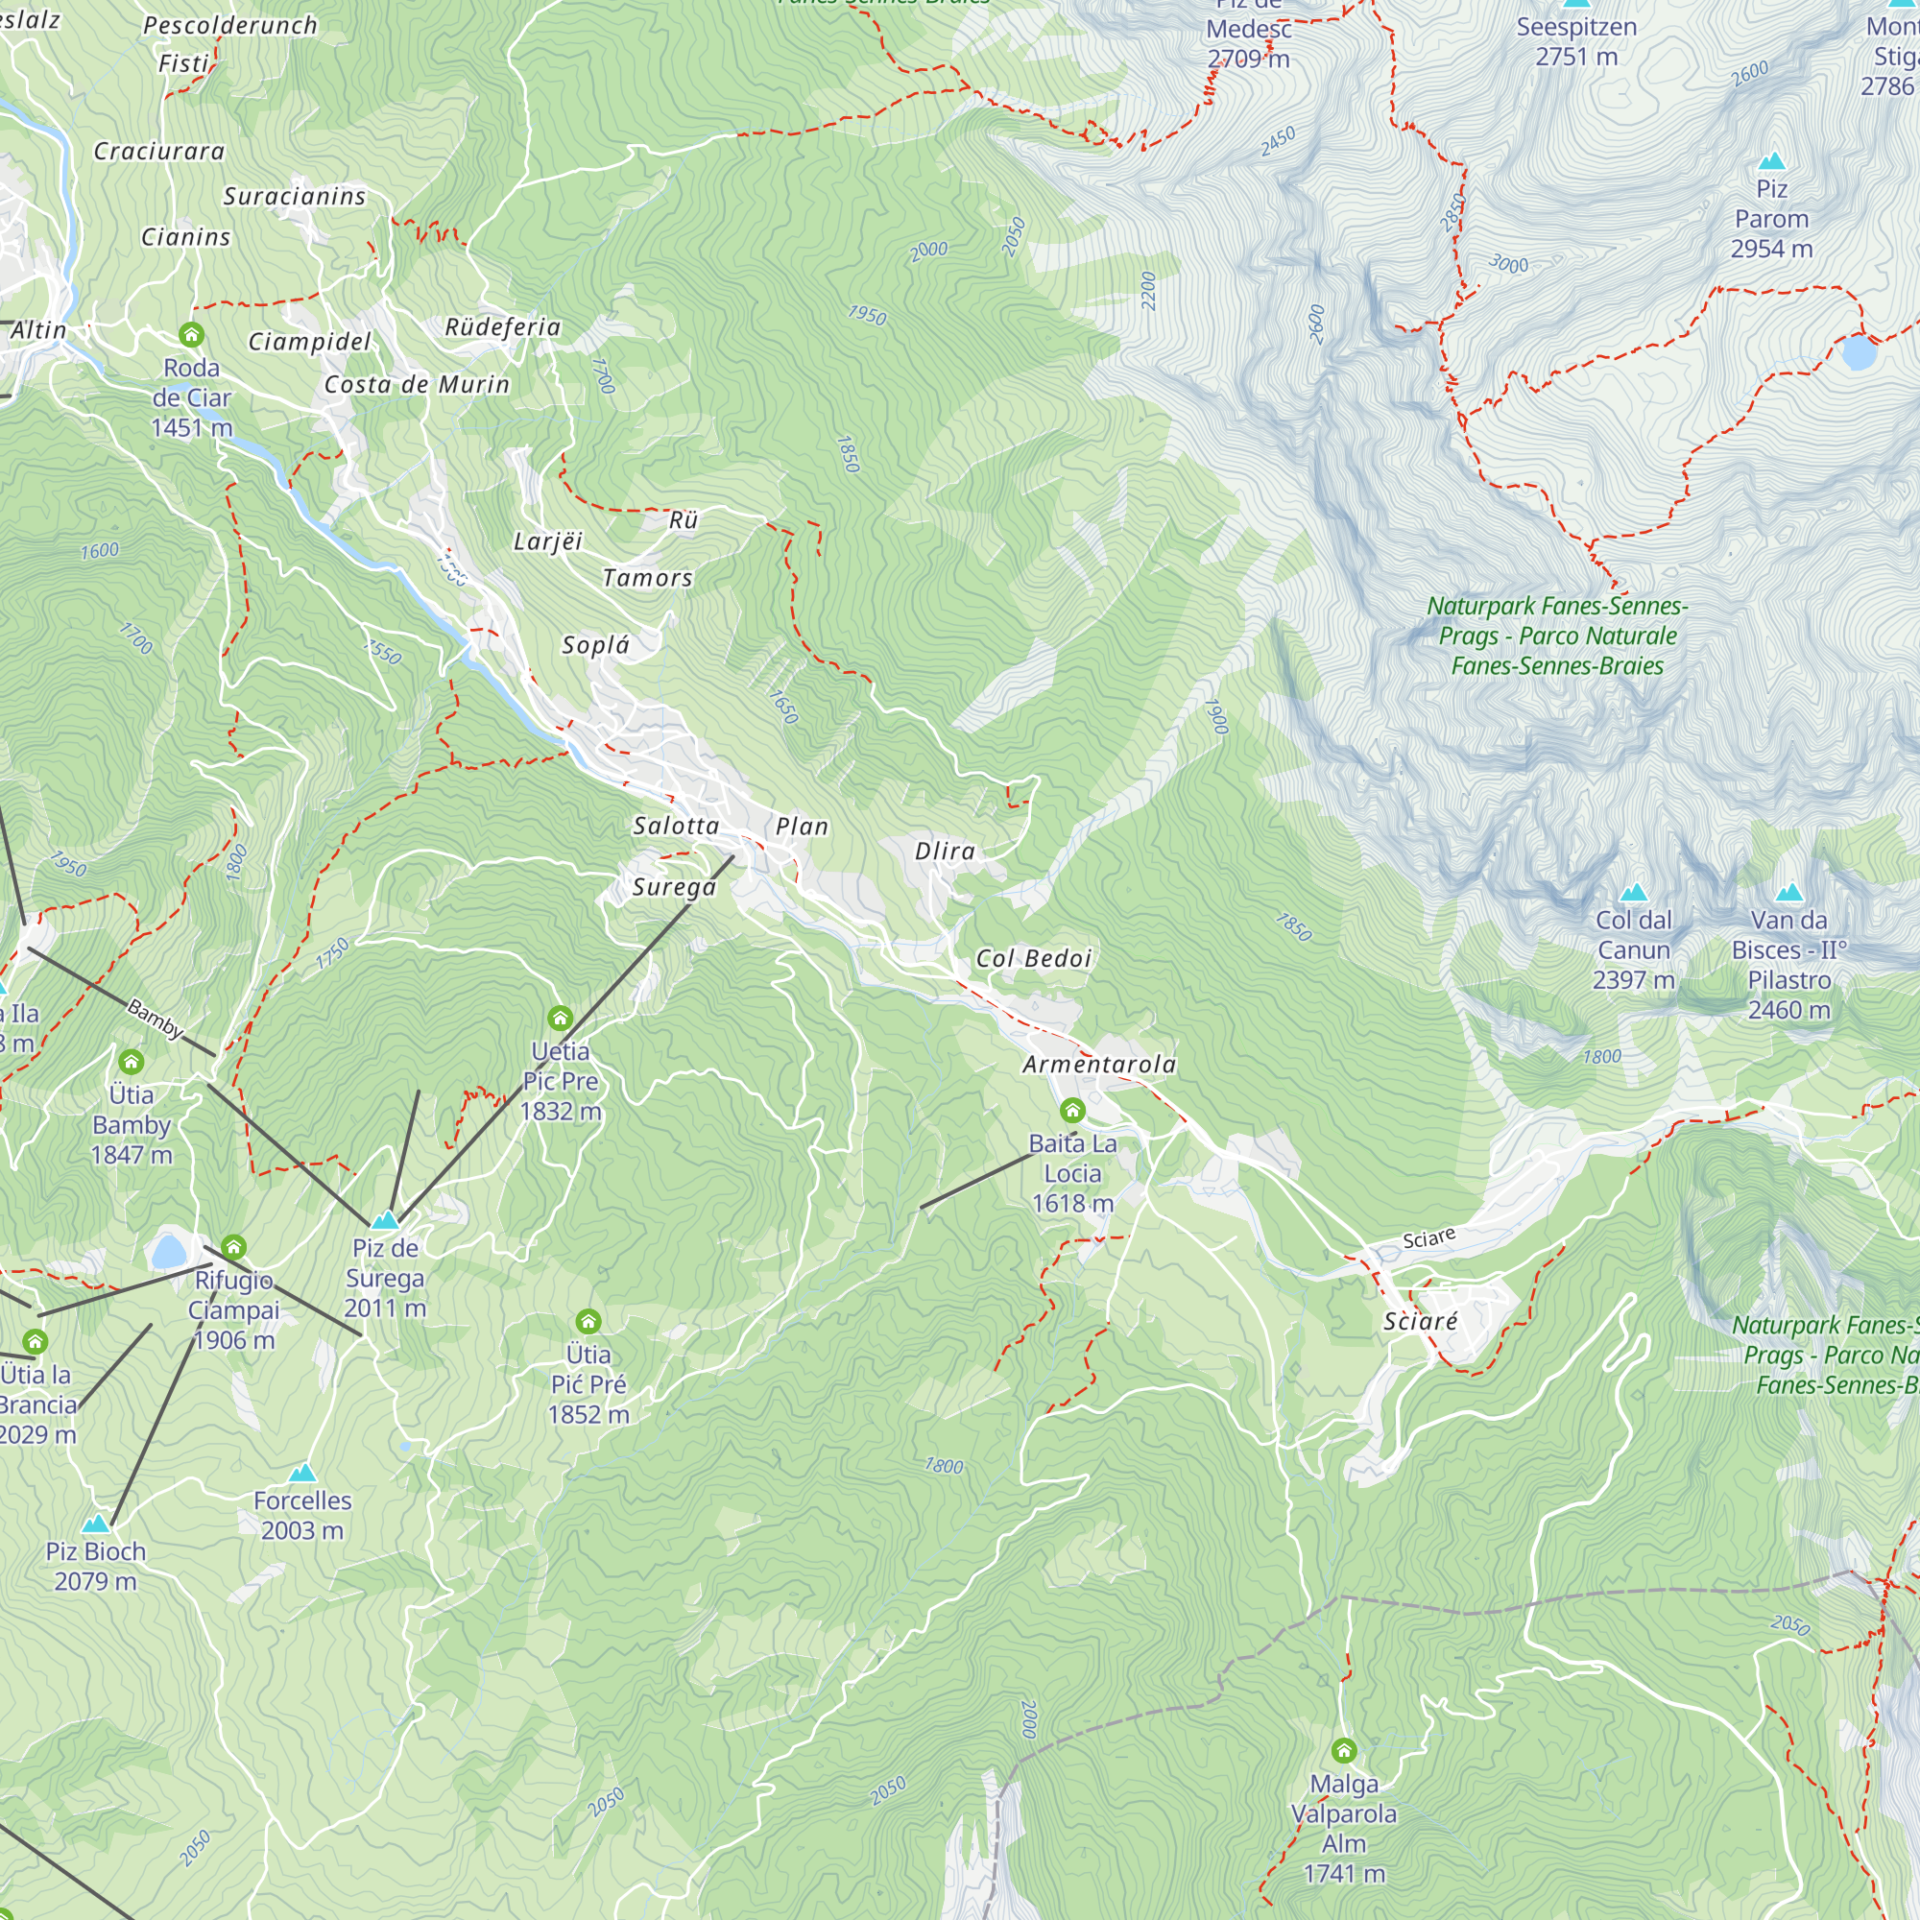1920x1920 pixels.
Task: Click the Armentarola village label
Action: [1099, 1065]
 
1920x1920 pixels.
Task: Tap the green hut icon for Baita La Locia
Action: [1072, 1110]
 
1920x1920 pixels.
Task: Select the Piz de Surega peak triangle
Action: [385, 1219]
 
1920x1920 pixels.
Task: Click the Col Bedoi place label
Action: [1034, 958]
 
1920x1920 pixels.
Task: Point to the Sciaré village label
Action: [1420, 1322]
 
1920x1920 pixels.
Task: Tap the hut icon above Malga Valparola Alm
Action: [1344, 1750]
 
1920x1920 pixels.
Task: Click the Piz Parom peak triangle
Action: [1772, 161]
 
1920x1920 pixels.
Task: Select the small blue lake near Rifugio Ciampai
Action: [169, 1251]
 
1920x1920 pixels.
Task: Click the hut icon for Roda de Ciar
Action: [192, 334]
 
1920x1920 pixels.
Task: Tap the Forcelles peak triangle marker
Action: [302, 1473]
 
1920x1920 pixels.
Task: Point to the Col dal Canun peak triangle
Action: [1634, 893]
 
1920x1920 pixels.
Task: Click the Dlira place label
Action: [945, 851]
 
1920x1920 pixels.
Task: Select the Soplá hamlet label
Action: [595, 645]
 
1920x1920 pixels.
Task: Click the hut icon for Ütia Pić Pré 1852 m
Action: [588, 1321]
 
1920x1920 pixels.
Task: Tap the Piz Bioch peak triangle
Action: [95, 1524]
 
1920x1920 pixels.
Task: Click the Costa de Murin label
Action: [417, 385]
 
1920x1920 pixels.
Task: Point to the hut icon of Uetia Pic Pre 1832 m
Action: [560, 1018]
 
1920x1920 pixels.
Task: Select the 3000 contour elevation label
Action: [1508, 264]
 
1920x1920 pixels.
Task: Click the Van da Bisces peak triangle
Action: [1788, 893]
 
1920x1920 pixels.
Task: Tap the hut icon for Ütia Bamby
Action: [132, 1062]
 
